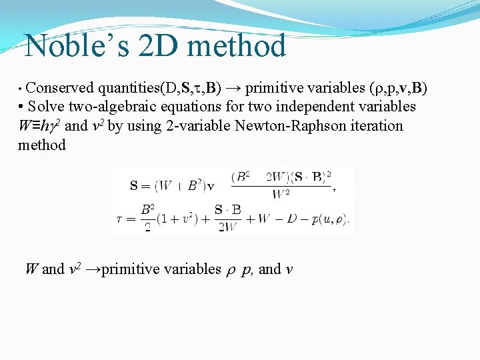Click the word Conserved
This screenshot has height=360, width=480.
(61, 87)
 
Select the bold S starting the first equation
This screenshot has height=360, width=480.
(134, 185)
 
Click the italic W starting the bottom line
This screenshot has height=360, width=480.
(31, 269)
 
